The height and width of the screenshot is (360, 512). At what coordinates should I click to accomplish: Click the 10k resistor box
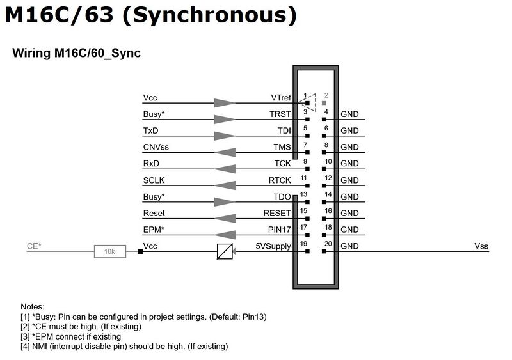pos(110,251)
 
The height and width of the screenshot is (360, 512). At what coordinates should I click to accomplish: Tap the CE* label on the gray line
pos(34,246)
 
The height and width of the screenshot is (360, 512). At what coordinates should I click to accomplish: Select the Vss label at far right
pos(481,246)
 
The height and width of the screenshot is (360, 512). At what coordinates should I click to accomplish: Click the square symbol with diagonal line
pos(225,252)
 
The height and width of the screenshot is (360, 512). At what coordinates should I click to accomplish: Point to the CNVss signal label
pos(156,147)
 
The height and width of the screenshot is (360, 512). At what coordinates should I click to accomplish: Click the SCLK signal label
pos(154,180)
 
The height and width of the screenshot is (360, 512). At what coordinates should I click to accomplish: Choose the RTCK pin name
pos(280,180)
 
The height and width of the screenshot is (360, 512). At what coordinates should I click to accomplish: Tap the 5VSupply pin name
pos(273,246)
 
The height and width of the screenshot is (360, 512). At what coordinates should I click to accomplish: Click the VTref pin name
pos(281,98)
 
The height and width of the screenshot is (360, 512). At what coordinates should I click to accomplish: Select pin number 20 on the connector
pos(328,244)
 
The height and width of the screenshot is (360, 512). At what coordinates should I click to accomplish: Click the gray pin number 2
pos(326,95)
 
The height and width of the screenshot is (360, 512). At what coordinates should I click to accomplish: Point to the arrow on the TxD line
pos(225,136)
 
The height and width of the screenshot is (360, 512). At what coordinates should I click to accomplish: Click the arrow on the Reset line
pos(225,218)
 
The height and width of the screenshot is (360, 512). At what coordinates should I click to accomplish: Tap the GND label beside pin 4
pos(349,114)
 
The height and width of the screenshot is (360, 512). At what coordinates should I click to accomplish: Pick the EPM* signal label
pos(154,230)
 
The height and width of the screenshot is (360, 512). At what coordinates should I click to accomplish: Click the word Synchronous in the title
pos(210,15)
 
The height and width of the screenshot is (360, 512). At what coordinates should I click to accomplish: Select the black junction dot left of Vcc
pos(140,251)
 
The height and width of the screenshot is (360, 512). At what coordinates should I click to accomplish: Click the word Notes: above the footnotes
pos(33,307)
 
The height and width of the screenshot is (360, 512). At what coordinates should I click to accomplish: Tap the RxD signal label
pos(151,164)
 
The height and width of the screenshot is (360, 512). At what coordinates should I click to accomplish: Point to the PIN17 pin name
pos(279,230)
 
